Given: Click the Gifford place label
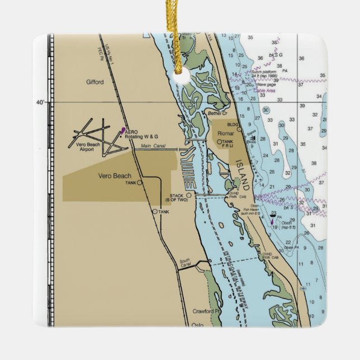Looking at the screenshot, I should [94, 82].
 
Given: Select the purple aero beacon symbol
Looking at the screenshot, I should [122, 131].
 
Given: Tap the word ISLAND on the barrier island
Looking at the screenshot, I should [243, 173].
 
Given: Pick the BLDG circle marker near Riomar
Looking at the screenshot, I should [239, 129].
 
